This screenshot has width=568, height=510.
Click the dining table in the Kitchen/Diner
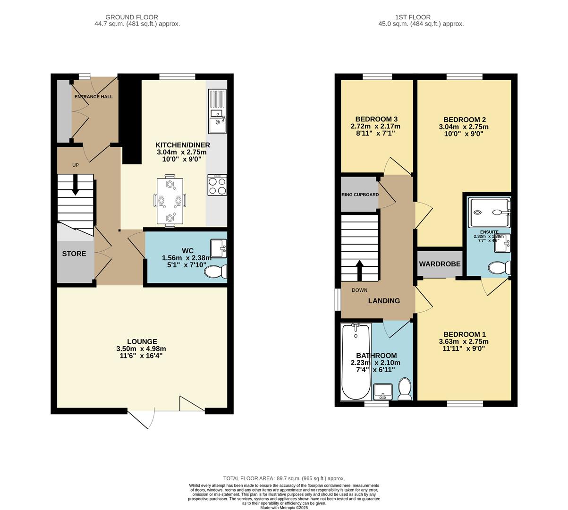click(x=169, y=201)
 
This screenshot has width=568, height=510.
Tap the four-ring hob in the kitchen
click(x=217, y=185)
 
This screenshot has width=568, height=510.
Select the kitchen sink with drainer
click(x=217, y=111)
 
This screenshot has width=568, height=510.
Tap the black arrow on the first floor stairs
click(x=359, y=270)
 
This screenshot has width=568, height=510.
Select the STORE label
click(x=74, y=254)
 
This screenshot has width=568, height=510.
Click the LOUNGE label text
click(x=142, y=341)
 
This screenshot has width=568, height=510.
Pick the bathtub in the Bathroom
click(x=355, y=361)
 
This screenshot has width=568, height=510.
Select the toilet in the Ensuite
click(x=499, y=268)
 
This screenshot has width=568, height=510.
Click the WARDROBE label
click(x=440, y=264)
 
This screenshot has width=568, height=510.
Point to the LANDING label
click(x=384, y=300)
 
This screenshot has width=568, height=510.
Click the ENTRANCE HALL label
click(x=93, y=96)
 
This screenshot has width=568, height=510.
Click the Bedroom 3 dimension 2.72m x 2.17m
click(x=375, y=126)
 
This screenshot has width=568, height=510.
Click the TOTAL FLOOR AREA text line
click(x=284, y=478)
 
